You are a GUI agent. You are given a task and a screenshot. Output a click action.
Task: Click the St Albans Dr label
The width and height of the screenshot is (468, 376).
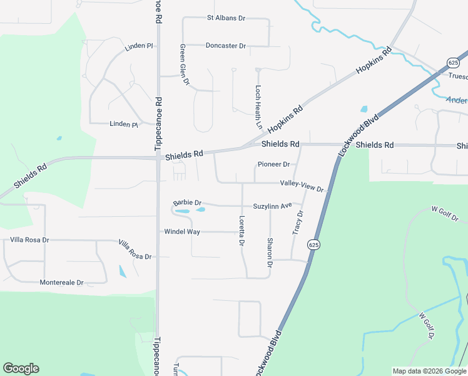click(x=226, y=18)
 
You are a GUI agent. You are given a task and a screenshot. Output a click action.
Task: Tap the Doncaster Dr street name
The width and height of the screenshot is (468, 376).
click(x=226, y=46)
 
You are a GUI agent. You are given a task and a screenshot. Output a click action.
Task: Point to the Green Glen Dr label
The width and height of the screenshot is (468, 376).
click(x=184, y=65)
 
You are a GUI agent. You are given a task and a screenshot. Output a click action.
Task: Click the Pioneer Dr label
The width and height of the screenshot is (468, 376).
click(x=273, y=165)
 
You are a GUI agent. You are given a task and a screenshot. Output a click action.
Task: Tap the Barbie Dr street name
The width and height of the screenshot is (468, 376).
click(x=187, y=203)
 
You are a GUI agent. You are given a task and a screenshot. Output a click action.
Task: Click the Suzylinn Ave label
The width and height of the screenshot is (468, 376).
click(x=273, y=206)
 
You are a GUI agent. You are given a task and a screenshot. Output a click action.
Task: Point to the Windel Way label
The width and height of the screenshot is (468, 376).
click(x=182, y=232)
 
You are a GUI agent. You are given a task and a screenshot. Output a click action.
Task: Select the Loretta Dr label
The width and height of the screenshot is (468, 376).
click(x=242, y=231)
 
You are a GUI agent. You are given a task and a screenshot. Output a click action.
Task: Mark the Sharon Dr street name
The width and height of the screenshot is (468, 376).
click(x=270, y=253)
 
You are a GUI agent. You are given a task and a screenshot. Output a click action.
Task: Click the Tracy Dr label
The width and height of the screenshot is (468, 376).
click(x=298, y=223)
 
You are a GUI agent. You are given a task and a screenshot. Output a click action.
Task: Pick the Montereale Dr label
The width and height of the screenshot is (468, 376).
click(x=62, y=283)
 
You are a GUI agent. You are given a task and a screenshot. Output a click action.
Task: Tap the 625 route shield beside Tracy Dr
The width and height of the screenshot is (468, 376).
click(x=314, y=244)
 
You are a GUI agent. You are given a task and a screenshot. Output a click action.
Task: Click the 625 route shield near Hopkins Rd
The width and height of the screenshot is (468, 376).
click(x=453, y=62)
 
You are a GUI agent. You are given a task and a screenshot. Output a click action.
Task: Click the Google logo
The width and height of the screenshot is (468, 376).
click(x=21, y=368)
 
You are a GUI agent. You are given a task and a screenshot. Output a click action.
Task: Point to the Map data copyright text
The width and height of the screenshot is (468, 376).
click(x=429, y=371)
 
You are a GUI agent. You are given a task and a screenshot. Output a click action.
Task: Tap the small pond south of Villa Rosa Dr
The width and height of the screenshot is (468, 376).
click(x=123, y=271)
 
